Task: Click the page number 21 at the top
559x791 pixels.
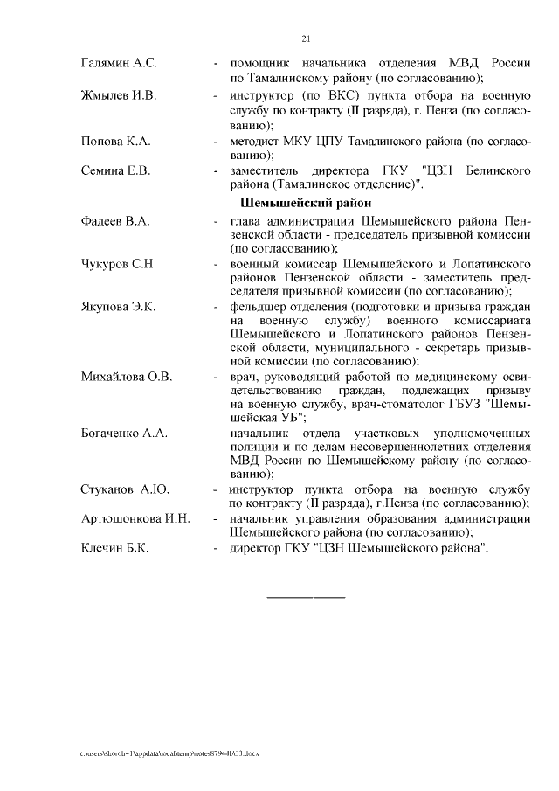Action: (306, 38)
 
